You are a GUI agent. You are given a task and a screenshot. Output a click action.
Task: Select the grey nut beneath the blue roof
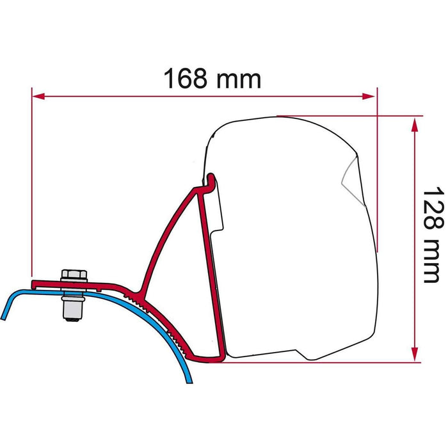74,309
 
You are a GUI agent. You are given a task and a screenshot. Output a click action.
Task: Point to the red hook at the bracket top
209,182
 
